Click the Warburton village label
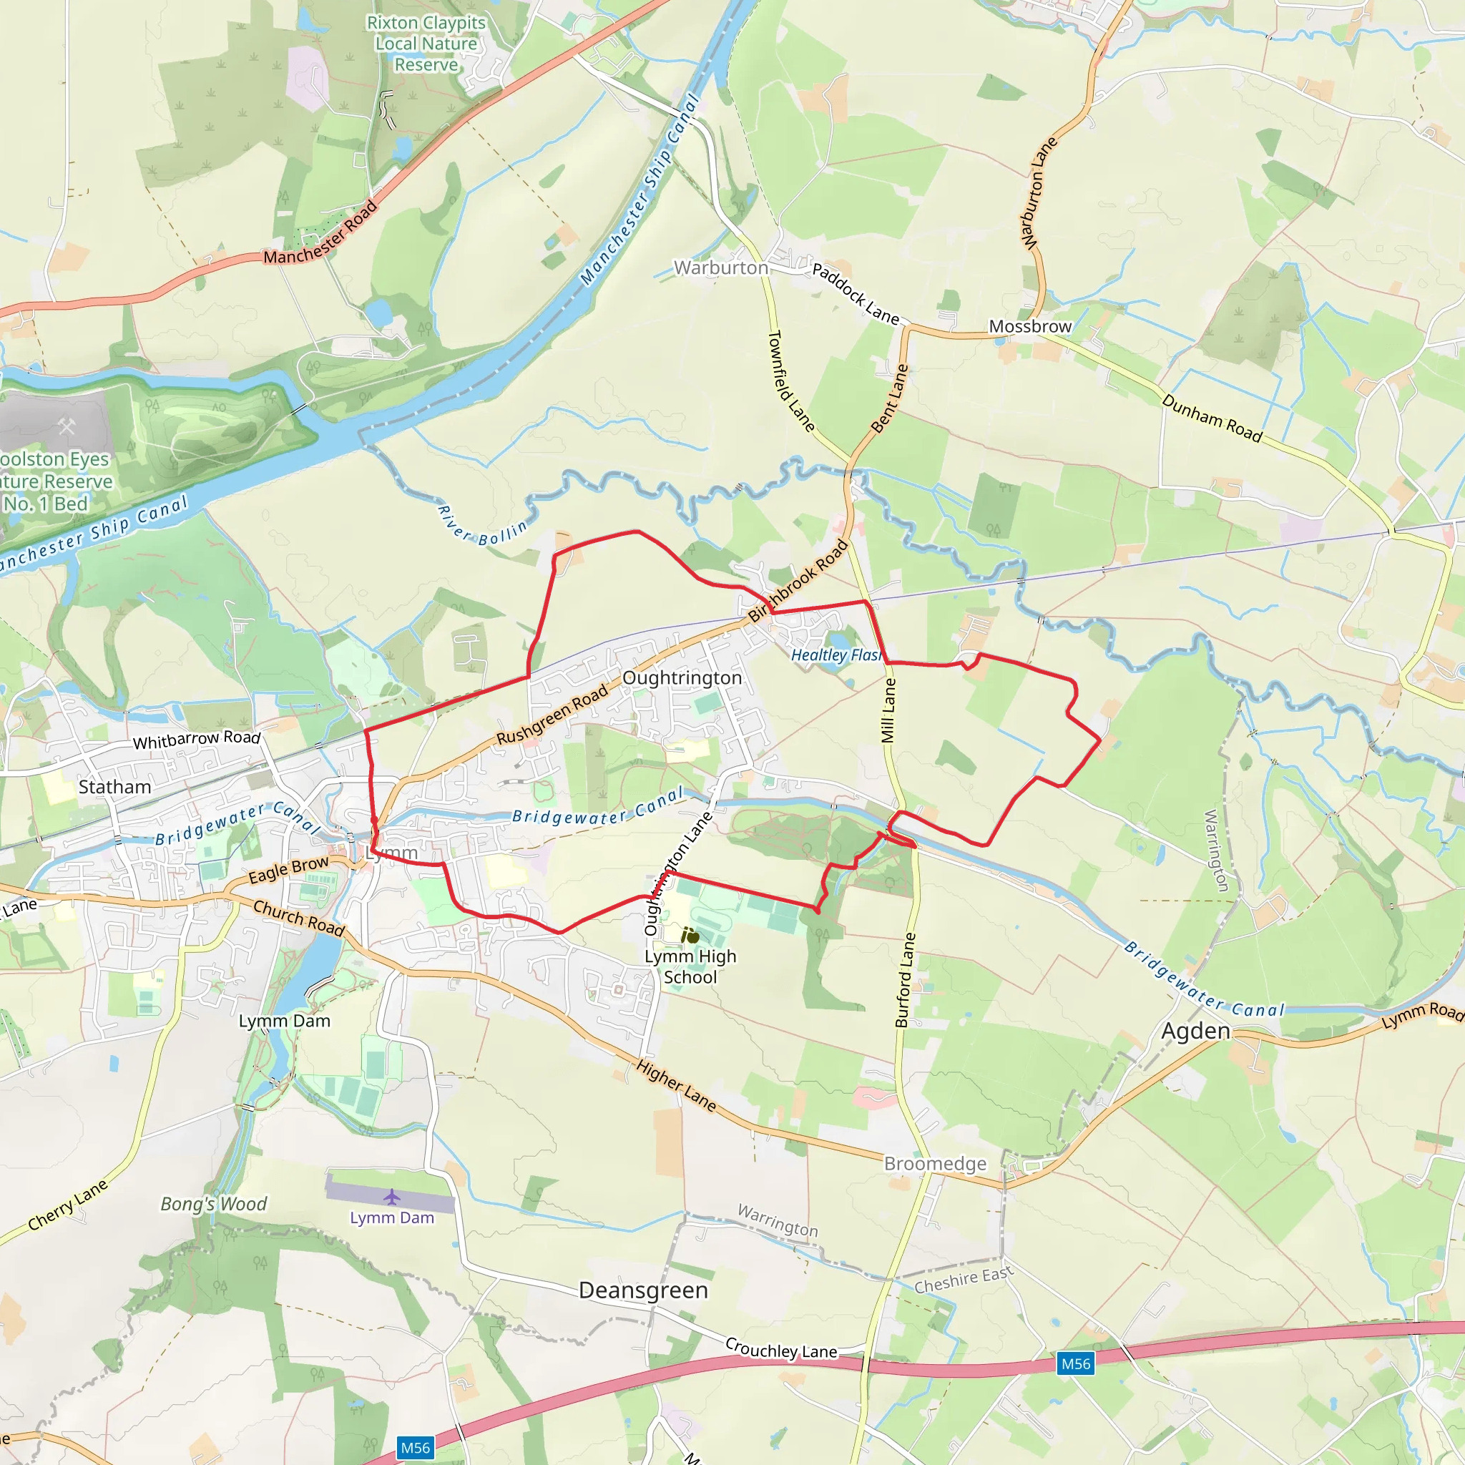[720, 268]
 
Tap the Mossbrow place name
[1030, 327]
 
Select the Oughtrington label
[682, 678]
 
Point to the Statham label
[114, 787]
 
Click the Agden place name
[1195, 1032]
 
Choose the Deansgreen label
[643, 1290]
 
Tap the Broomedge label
[935, 1164]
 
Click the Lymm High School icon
[690, 936]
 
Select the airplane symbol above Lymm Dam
[391, 1197]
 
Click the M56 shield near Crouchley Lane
[1075, 1364]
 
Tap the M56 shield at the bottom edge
[415, 1448]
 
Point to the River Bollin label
[481, 526]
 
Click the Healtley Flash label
[836, 655]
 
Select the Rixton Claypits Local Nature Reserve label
[426, 44]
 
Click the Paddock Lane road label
[856, 293]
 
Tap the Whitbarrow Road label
[197, 740]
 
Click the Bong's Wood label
[214, 1204]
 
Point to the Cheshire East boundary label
[963, 1280]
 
